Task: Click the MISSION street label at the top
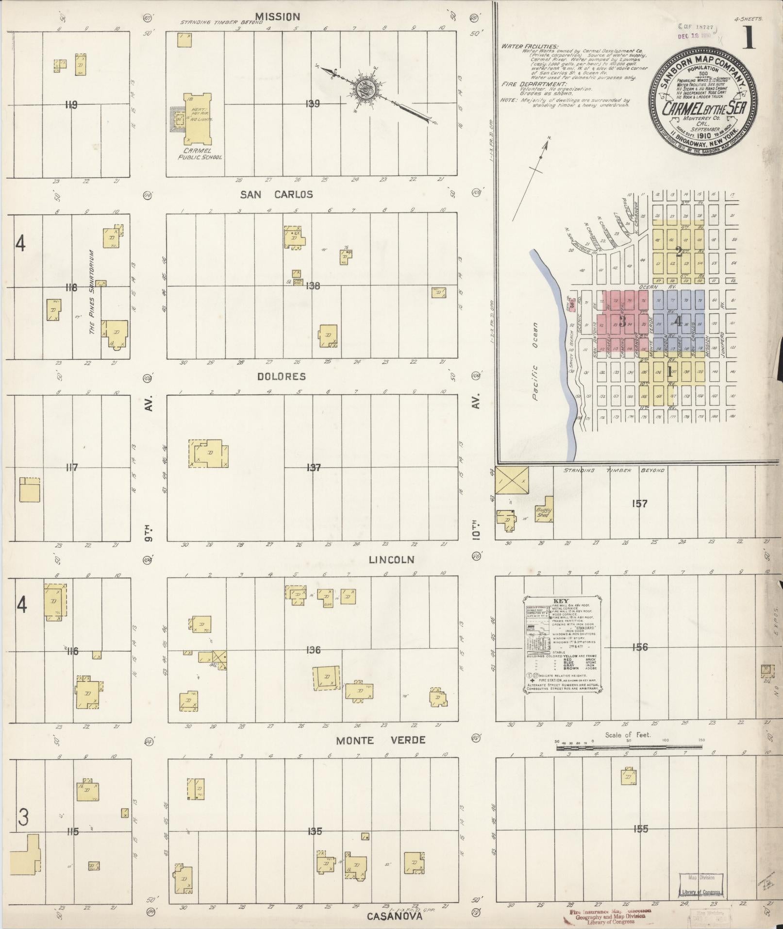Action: pos(278,17)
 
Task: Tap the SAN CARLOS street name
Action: pos(277,195)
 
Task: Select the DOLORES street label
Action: pos(282,376)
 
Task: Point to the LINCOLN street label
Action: pos(391,559)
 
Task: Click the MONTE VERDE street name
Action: pos(381,740)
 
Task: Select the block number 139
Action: pos(313,103)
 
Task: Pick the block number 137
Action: pos(314,467)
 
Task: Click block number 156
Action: pos(640,647)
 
